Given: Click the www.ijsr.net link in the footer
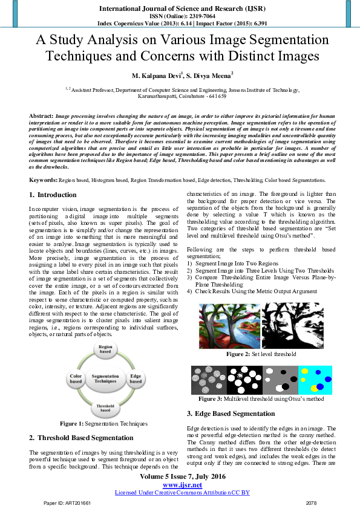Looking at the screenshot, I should [x=182, y=485].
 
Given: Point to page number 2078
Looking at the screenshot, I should [x=312, y=503].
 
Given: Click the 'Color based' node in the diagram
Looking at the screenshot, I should [x=76, y=379].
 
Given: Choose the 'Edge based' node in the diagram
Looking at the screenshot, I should [x=136, y=379].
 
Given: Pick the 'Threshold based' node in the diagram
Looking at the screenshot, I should [x=105, y=408].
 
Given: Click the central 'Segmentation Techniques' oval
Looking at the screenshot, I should [x=105, y=379].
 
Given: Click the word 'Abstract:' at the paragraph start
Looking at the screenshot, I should [x=41, y=115].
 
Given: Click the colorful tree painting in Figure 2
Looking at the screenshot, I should [x=229, y=325].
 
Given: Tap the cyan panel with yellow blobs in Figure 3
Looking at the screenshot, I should [x=315, y=380].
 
